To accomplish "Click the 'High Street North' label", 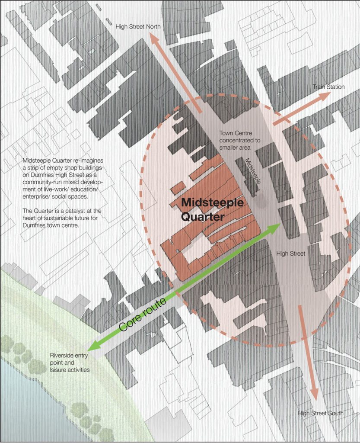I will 138,27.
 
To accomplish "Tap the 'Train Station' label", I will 329,87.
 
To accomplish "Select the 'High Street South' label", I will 320,413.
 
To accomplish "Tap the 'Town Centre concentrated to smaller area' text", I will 239,140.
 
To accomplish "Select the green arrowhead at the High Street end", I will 277,227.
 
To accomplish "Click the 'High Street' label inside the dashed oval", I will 291,253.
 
